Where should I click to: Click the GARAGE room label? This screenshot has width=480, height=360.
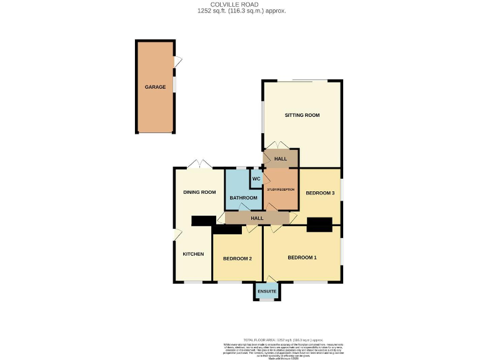pos(156,87)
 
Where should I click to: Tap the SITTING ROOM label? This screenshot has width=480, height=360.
pos(302,115)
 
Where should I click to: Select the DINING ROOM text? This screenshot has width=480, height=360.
pos(199,192)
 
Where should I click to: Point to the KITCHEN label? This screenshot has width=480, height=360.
pos(193,254)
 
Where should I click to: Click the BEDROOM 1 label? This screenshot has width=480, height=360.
pos(302,257)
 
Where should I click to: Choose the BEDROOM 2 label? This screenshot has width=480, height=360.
pos(237,259)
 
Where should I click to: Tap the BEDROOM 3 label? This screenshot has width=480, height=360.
pos(320,193)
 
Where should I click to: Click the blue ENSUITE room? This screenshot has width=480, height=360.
pos(267,291)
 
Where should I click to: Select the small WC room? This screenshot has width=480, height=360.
pos(256,179)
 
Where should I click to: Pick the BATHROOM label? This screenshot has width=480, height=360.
pos(243,197)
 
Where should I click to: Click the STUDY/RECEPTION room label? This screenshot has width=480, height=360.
pos(280,189)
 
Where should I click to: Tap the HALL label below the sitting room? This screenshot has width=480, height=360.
pos(281,159)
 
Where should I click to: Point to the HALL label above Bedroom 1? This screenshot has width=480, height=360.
pos(257,218)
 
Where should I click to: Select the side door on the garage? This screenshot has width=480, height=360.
pos(178,61)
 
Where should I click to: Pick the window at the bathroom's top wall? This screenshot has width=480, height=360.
pos(240,167)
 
